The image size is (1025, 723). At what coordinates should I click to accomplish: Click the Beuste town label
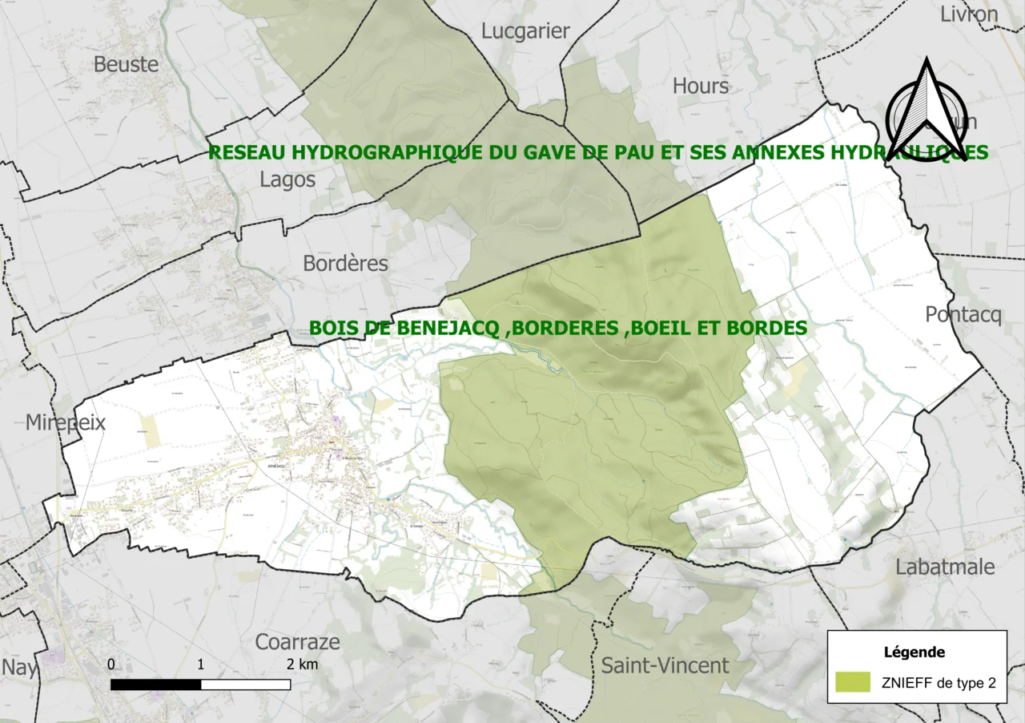pyautogui.click(x=127, y=64)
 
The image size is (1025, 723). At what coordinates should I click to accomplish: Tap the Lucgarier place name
pyautogui.click(x=525, y=31)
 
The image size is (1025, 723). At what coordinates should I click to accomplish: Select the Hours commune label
pyautogui.click(x=701, y=86)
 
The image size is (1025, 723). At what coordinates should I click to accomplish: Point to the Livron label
pyautogui.click(x=969, y=14)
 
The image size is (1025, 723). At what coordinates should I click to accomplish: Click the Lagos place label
pyautogui.click(x=287, y=180)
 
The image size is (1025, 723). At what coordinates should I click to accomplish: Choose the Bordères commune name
pyautogui.click(x=345, y=263)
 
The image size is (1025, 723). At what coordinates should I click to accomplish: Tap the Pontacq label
pyautogui.click(x=963, y=315)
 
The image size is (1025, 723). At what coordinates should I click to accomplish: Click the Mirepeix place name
pyautogui.click(x=66, y=422)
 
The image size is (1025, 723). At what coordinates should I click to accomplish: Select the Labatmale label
pyautogui.click(x=945, y=567)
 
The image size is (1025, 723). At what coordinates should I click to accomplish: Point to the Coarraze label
pyautogui.click(x=297, y=642)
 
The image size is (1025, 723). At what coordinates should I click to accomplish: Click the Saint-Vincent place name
pyautogui.click(x=665, y=665)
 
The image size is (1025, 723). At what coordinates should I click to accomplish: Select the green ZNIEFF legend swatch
pyautogui.click(x=852, y=682)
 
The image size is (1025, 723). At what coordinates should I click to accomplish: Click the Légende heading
pyautogui.click(x=914, y=652)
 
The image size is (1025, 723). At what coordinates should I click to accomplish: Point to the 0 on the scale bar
pyautogui.click(x=111, y=664)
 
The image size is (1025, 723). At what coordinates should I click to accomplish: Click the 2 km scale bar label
pyautogui.click(x=302, y=664)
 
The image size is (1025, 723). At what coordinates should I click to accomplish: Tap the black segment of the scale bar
pyautogui.click(x=155, y=685)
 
